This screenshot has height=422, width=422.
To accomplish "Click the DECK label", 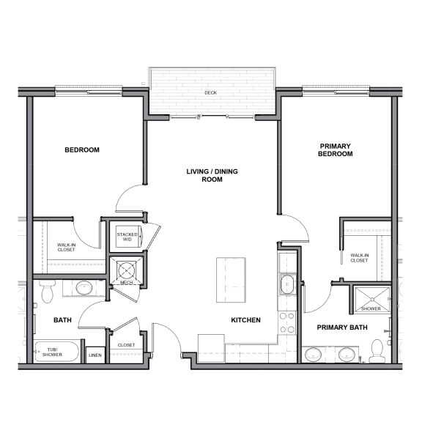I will (x=211, y=93).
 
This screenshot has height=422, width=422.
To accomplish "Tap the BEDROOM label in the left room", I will (x=82, y=149).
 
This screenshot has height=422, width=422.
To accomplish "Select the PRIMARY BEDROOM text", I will (x=336, y=149).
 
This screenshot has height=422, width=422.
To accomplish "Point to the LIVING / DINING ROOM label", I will (x=212, y=175).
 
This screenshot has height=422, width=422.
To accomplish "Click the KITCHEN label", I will (x=246, y=320).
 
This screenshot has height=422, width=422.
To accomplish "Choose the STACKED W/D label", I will (x=127, y=236).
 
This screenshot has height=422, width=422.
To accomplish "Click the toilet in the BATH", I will (x=48, y=292).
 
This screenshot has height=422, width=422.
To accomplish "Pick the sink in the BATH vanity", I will (x=84, y=288).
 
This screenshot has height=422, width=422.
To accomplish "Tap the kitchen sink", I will (x=287, y=284).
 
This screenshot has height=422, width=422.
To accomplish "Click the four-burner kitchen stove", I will (x=287, y=322).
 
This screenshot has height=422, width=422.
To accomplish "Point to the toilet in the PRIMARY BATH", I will (x=377, y=352).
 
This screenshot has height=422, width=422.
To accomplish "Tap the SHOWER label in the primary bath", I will (x=371, y=308).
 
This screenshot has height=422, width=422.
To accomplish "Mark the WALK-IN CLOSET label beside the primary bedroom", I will (x=359, y=257).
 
